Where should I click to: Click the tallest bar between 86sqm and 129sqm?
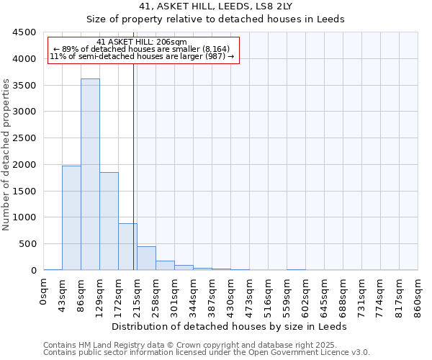[x=90, y=174]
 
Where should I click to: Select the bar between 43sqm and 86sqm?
[x=71, y=217]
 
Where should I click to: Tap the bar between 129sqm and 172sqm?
[x=109, y=221]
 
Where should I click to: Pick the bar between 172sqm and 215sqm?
[x=127, y=247]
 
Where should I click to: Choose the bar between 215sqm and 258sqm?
[x=146, y=258]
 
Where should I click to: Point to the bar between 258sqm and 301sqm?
[x=165, y=266]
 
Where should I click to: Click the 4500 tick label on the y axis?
[x=24, y=32]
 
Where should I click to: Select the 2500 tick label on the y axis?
[x=24, y=138]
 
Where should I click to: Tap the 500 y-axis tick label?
[x=27, y=244]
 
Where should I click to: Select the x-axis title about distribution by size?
[x=231, y=326]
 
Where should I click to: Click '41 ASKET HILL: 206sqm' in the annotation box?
[x=141, y=42]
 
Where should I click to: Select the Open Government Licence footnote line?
[x=207, y=353]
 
